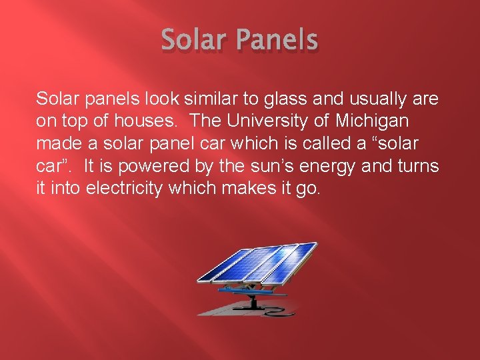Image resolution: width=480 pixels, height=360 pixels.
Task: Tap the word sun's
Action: point(262,167)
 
